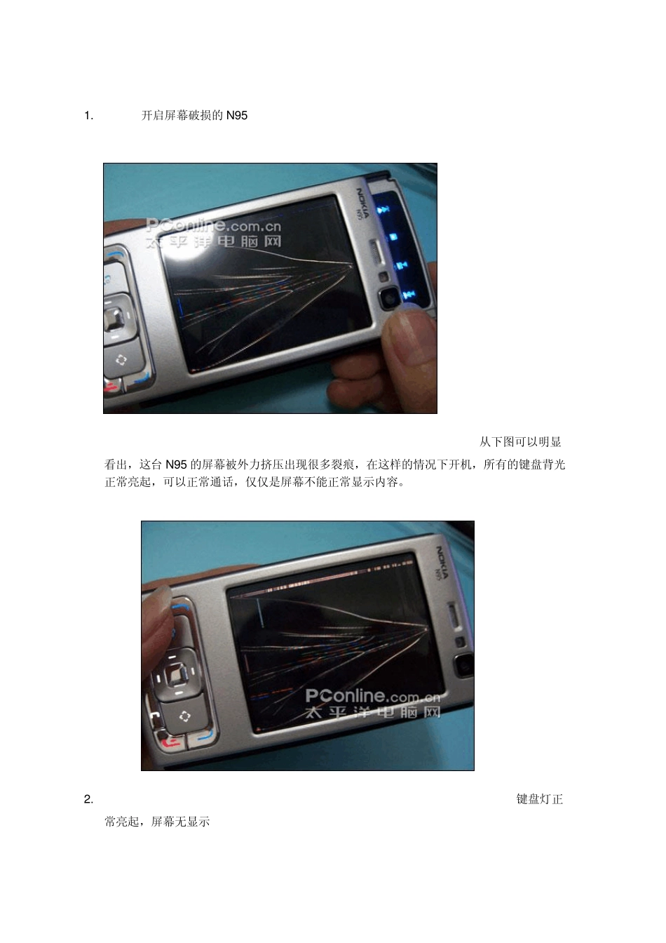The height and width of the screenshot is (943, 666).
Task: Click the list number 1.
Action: coord(88,116)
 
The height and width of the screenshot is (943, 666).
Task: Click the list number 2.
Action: coord(88,799)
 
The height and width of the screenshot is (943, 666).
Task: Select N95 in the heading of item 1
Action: coord(237,116)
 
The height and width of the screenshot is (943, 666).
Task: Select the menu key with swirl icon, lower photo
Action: coord(184,716)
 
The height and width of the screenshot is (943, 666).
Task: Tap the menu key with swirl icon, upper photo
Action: coord(121,360)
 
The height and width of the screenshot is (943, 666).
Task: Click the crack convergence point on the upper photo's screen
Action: coord(353,265)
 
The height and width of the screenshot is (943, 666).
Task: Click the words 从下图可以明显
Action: coord(520,442)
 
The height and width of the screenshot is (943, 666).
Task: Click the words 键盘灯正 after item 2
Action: coord(540,799)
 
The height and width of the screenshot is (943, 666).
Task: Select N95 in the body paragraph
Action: coord(176,464)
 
